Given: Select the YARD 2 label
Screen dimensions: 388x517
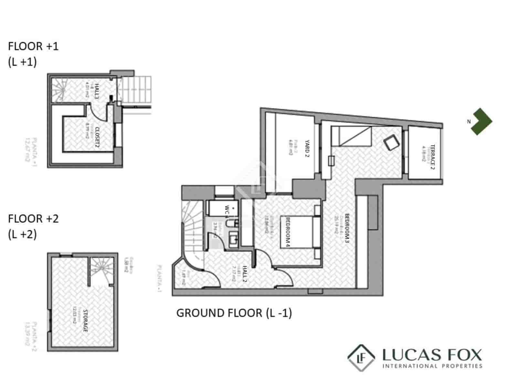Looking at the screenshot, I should (x=307, y=148).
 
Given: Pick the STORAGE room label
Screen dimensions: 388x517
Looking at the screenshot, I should (x=85, y=321).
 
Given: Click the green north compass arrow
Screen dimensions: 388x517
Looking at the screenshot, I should (x=481, y=121).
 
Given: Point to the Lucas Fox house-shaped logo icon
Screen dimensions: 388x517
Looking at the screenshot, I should (x=361, y=358).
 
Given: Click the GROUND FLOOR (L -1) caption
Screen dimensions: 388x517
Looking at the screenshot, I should (x=234, y=313).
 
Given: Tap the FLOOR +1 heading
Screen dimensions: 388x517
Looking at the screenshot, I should (x=33, y=46).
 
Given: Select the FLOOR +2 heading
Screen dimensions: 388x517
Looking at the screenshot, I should (x=33, y=219).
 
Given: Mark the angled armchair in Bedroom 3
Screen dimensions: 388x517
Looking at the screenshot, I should (x=390, y=142).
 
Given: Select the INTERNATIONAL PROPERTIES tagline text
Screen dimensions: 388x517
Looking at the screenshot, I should (x=432, y=366).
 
